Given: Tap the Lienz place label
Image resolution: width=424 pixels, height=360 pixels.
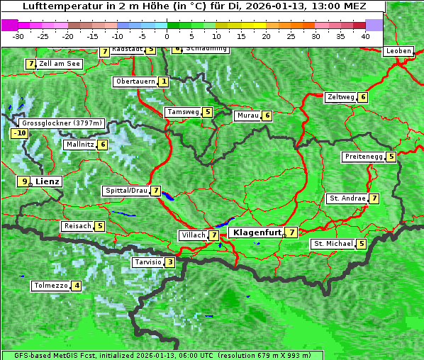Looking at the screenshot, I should (x=48, y=181).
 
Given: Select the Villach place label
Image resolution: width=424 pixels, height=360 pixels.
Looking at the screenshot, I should (x=193, y=235).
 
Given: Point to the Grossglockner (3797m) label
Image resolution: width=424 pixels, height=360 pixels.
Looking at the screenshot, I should (x=62, y=123).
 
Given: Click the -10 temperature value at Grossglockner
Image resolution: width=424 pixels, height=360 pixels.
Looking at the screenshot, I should (x=20, y=133).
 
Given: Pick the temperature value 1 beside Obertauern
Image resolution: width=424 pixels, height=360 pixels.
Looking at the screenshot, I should (x=164, y=81).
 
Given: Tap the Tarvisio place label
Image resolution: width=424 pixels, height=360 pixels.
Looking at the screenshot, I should (x=147, y=262).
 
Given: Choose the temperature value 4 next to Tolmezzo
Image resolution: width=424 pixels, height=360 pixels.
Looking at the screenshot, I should (x=77, y=286).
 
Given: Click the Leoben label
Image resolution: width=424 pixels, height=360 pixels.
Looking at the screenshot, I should (x=397, y=51).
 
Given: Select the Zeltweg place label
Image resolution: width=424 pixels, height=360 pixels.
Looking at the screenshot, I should (x=340, y=97).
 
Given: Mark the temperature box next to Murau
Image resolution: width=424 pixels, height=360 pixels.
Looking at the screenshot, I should (x=267, y=116).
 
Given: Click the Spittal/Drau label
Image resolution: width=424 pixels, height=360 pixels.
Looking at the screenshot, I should (x=126, y=191).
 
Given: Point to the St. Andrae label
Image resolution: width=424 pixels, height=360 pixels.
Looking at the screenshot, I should (x=347, y=198).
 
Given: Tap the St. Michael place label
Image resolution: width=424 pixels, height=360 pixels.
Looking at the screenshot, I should (x=333, y=244).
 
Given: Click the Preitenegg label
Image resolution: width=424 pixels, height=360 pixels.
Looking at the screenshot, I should (x=364, y=157).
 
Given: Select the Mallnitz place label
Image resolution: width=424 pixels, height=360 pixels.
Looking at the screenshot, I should (x=79, y=145).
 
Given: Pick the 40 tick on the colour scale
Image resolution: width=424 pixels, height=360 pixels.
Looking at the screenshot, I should (x=365, y=36).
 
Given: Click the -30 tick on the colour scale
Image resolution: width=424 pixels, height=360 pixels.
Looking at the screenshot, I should (x=18, y=36).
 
